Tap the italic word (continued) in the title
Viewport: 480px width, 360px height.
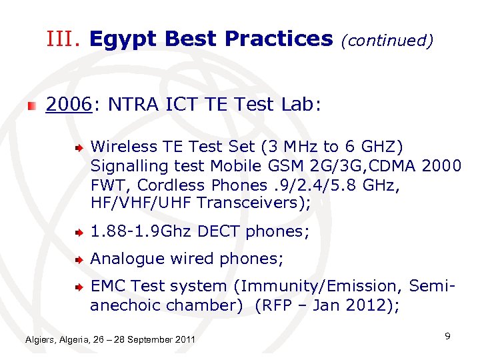[387, 41]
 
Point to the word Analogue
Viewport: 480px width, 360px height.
[124, 259]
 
